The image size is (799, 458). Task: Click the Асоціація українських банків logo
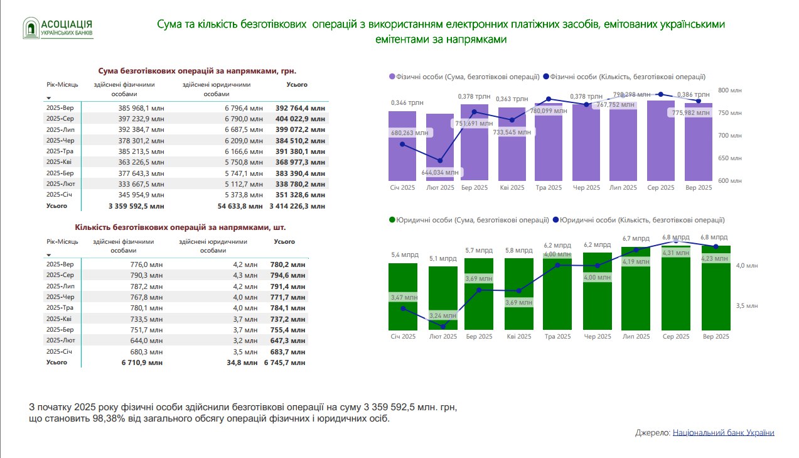tap(58, 28)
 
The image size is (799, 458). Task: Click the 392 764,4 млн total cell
tap(300, 108)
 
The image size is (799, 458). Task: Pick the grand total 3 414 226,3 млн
tap(297, 205)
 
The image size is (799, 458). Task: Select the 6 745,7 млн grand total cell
tap(285, 363)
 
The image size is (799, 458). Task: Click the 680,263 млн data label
tap(409, 133)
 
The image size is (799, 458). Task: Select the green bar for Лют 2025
tap(442, 298)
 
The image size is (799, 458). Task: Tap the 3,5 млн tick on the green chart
tap(748, 306)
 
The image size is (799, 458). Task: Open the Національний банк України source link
tap(723, 433)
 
